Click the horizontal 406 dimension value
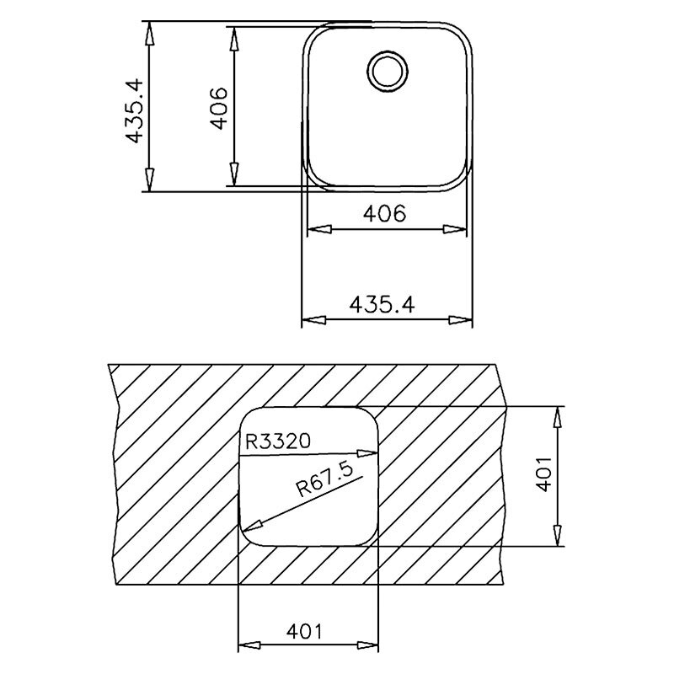click(384, 214)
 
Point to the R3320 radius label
click(279, 440)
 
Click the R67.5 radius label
click(322, 486)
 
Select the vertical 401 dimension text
click(543, 474)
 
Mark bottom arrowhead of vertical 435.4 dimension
click(150, 181)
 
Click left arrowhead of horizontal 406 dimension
click(315, 228)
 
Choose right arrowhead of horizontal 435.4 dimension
click(461, 320)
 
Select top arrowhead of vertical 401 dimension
click(556, 418)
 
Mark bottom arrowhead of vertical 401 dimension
click(556, 534)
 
